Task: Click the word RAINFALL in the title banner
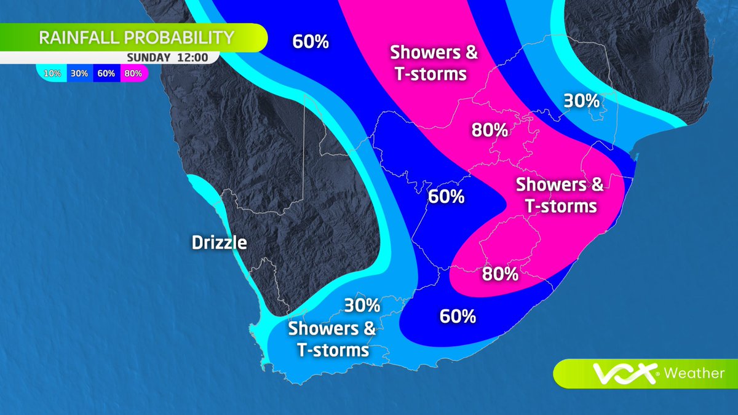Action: [80, 38]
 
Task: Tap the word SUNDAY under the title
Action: [146, 58]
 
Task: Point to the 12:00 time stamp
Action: [190, 58]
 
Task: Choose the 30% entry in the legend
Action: [79, 74]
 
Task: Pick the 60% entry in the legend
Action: [106, 74]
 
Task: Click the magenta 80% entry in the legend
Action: [133, 74]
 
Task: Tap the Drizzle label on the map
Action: [220, 242]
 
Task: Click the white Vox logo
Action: [626, 373]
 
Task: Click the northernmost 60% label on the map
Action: [311, 42]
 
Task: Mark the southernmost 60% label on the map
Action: [458, 317]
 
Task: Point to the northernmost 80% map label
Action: [490, 130]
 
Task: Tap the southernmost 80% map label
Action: [499, 274]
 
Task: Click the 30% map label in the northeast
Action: [581, 101]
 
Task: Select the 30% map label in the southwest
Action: [362, 305]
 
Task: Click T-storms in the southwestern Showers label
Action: [333, 350]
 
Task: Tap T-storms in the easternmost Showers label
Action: [561, 205]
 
